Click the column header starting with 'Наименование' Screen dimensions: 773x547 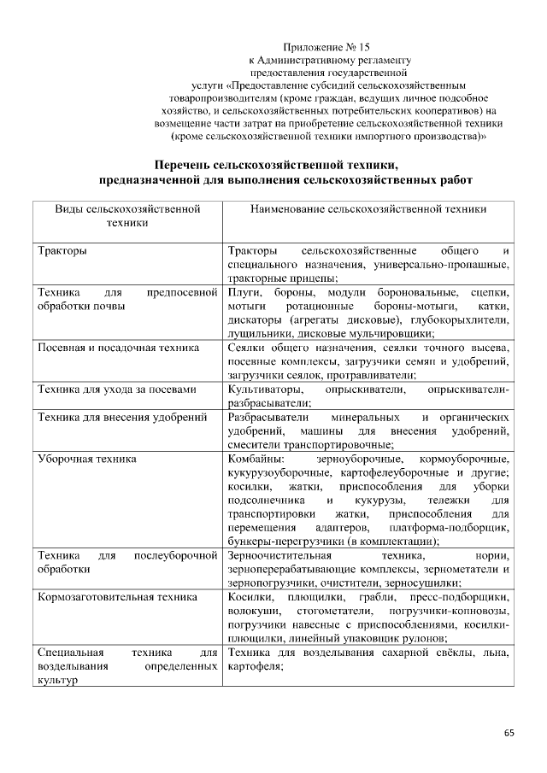pyautogui.click(x=368, y=208)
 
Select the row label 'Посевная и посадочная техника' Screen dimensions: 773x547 pyautogui.click(x=119, y=348)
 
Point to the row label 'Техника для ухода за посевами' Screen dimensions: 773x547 pyautogui.click(x=118, y=389)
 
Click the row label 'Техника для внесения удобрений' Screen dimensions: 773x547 pyautogui.click(x=123, y=418)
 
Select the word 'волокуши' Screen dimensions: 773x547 pyautogui.click(x=255, y=612)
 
